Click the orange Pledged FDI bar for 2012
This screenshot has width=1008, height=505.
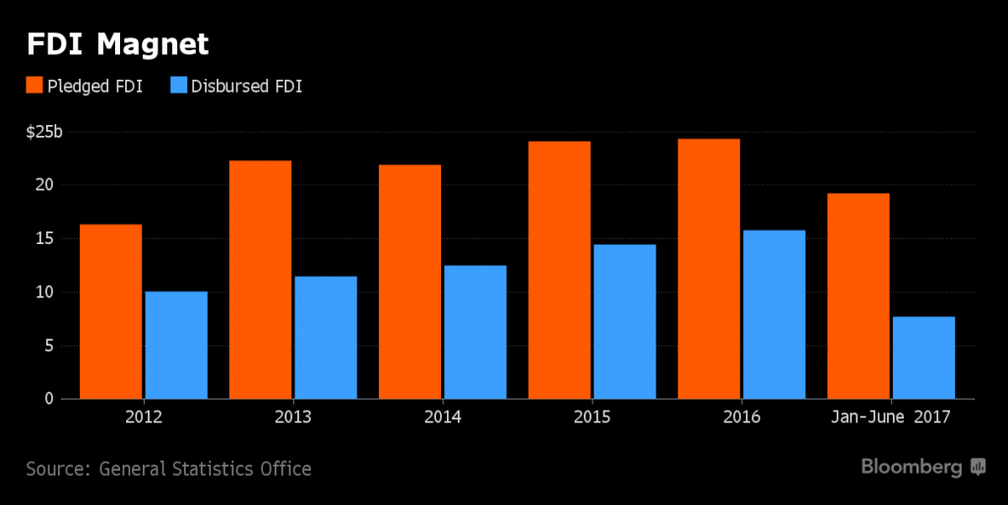coord(110,311)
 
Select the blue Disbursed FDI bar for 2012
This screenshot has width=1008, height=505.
coord(176,345)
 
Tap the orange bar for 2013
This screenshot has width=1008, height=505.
coord(260,280)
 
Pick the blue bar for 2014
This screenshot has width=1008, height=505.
coord(475,332)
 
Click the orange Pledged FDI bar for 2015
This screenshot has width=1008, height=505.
coord(559,270)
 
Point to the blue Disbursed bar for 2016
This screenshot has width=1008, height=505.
coord(774,314)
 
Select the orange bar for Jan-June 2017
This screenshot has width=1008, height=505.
coord(858,295)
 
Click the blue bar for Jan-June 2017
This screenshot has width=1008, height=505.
coord(923,357)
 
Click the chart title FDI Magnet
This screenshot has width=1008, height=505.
coord(117,45)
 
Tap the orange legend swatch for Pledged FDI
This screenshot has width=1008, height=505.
coord(34,87)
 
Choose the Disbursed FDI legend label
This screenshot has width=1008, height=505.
coord(247,87)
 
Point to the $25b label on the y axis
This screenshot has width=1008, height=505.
coord(43,132)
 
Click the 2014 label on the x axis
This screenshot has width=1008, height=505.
coord(443,416)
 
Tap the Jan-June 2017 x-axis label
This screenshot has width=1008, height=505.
coord(891,416)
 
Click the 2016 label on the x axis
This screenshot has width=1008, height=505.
coord(741,416)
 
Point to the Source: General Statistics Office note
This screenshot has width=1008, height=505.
coord(168,469)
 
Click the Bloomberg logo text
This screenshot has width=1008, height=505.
coord(913,467)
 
